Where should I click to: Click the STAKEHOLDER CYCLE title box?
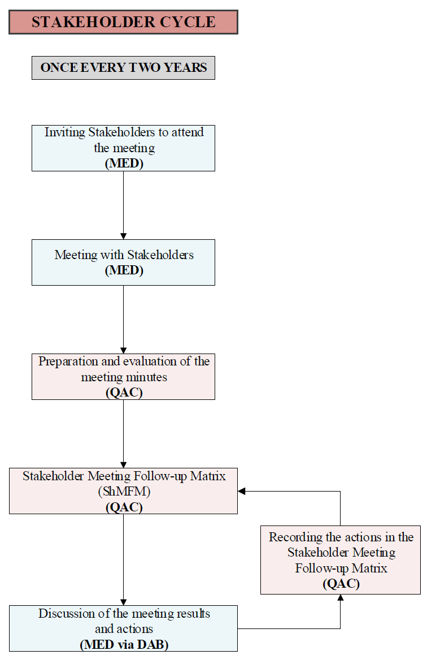tap(123, 22)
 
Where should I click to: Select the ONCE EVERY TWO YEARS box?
tap(123, 68)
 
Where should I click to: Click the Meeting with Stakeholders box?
tap(123, 262)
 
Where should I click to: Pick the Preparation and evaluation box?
tap(123, 376)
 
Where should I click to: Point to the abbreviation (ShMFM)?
tap(124, 491)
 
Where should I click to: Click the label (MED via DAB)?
tap(124, 644)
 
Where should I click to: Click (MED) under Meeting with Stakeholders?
tap(124, 270)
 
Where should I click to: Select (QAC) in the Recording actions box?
tap(341, 584)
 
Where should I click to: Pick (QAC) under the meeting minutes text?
tap(124, 392)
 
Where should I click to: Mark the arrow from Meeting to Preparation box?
tap(123, 319)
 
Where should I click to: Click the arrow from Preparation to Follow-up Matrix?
tap(123, 433)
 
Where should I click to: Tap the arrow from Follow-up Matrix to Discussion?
tap(123, 559)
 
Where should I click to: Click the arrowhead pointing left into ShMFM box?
tap(242, 491)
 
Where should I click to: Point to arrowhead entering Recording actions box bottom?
tap(341, 598)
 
